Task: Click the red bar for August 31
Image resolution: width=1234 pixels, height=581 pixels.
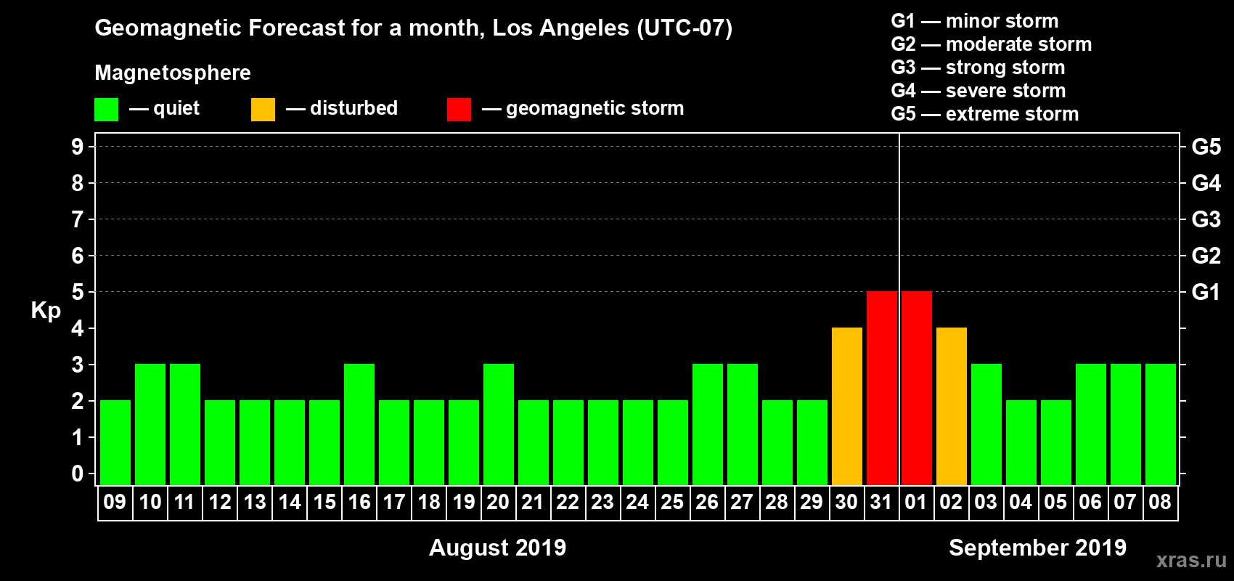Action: tap(882, 388)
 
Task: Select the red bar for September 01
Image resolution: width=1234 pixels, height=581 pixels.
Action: tap(917, 388)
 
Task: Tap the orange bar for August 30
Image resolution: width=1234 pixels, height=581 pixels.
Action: tap(847, 406)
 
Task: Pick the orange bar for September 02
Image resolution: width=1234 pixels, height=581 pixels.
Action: tap(952, 406)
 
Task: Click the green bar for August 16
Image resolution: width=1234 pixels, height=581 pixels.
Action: tap(359, 424)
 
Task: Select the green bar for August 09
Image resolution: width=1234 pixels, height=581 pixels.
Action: tap(115, 442)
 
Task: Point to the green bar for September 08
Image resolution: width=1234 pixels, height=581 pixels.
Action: tap(1161, 424)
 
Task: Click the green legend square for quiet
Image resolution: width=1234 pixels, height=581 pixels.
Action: tap(107, 110)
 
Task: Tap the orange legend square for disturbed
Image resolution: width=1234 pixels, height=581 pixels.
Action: tap(263, 110)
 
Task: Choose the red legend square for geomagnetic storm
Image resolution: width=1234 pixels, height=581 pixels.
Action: tap(459, 110)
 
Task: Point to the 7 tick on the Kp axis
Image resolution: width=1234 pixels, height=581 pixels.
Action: tap(78, 219)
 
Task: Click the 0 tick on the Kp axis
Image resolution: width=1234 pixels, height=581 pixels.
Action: tap(78, 474)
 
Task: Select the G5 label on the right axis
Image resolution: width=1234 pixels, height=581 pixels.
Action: tap(1206, 147)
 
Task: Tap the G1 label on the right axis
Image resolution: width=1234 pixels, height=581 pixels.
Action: tap(1206, 292)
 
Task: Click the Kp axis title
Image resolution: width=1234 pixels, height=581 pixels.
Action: tap(46, 311)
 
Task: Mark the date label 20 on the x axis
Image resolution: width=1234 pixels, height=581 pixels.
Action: tap(498, 503)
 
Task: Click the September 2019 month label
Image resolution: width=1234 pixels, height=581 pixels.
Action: tap(1037, 548)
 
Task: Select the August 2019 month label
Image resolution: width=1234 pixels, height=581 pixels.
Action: tap(497, 548)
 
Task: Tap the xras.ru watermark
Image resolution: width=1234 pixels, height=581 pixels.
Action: tap(1191, 560)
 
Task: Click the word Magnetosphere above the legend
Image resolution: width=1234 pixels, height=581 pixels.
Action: tap(173, 73)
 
